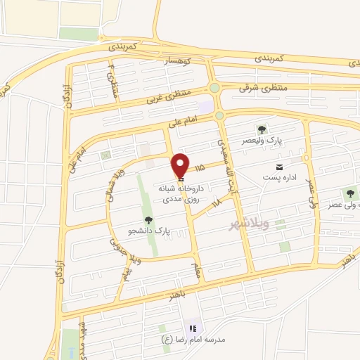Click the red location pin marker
tap(181, 165)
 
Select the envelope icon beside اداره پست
tap(281, 167)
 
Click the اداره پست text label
tap(281, 177)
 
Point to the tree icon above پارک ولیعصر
tap(262, 129)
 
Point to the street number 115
tap(200, 168)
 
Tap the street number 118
tap(216, 202)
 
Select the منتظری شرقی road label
tap(264, 87)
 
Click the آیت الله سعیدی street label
tap(226, 158)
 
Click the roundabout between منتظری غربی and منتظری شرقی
tap(214, 88)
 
